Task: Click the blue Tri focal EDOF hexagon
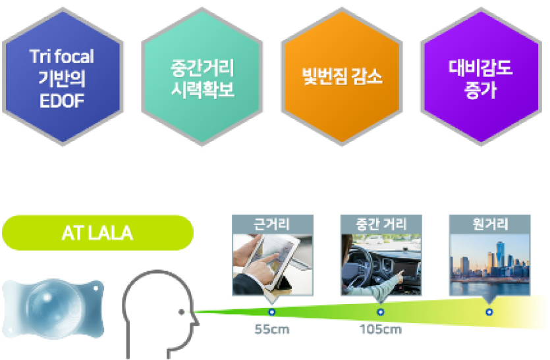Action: click(63, 76)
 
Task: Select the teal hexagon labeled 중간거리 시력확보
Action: click(202, 76)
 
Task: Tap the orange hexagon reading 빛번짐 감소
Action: click(342, 76)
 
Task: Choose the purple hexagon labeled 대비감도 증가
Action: click(481, 76)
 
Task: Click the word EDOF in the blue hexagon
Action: click(62, 101)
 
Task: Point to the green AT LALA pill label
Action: click(98, 233)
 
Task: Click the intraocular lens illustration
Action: click(53, 309)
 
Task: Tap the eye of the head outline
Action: click(181, 311)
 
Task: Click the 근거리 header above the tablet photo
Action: click(273, 224)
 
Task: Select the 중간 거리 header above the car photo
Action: click(381, 224)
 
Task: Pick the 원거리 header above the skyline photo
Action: click(489, 224)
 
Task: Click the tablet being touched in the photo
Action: click(270, 259)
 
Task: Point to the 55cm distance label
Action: click(272, 330)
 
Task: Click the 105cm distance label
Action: click(381, 330)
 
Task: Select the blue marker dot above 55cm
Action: click(272, 311)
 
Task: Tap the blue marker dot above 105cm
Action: click(381, 311)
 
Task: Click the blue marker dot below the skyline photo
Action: click(489, 311)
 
